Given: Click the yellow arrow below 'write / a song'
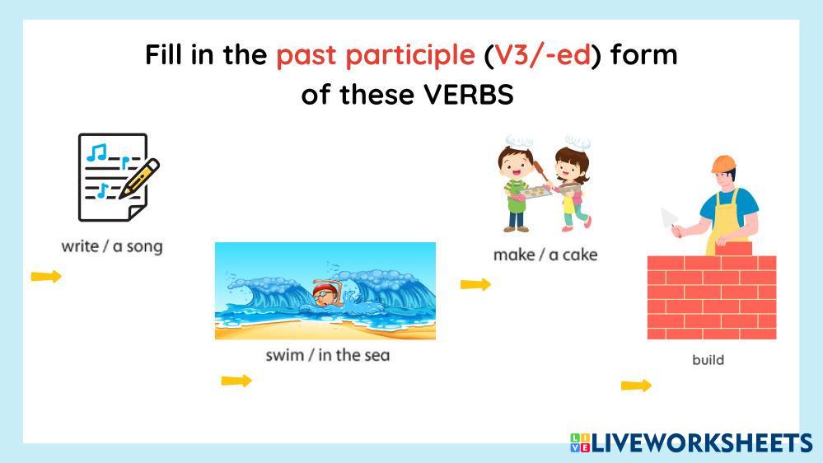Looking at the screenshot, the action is point(46,276).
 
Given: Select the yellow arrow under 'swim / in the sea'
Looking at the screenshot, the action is point(236,381).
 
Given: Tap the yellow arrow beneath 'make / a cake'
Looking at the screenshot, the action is point(475,284).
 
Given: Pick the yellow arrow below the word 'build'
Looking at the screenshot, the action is point(636,386).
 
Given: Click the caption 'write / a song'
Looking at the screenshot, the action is point(112,246).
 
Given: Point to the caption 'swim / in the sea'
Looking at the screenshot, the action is point(328,355).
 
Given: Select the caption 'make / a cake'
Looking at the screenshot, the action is point(545,255).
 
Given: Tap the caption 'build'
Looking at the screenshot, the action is point(708,360).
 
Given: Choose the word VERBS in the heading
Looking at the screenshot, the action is point(469,95).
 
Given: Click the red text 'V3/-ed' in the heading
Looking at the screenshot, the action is point(543,54).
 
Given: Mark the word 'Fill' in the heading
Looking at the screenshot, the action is point(163,54).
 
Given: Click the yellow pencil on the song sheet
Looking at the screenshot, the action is point(139,179).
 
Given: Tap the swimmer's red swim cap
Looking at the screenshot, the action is point(322,288).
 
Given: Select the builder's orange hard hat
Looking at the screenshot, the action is point(724,163).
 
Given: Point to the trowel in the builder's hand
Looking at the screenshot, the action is point(669,217).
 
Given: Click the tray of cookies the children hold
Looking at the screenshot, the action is point(533,193).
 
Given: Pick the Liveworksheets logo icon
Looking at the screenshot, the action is point(580,442).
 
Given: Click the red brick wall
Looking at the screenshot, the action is point(711,296).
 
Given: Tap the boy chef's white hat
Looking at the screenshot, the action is point(519,141).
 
